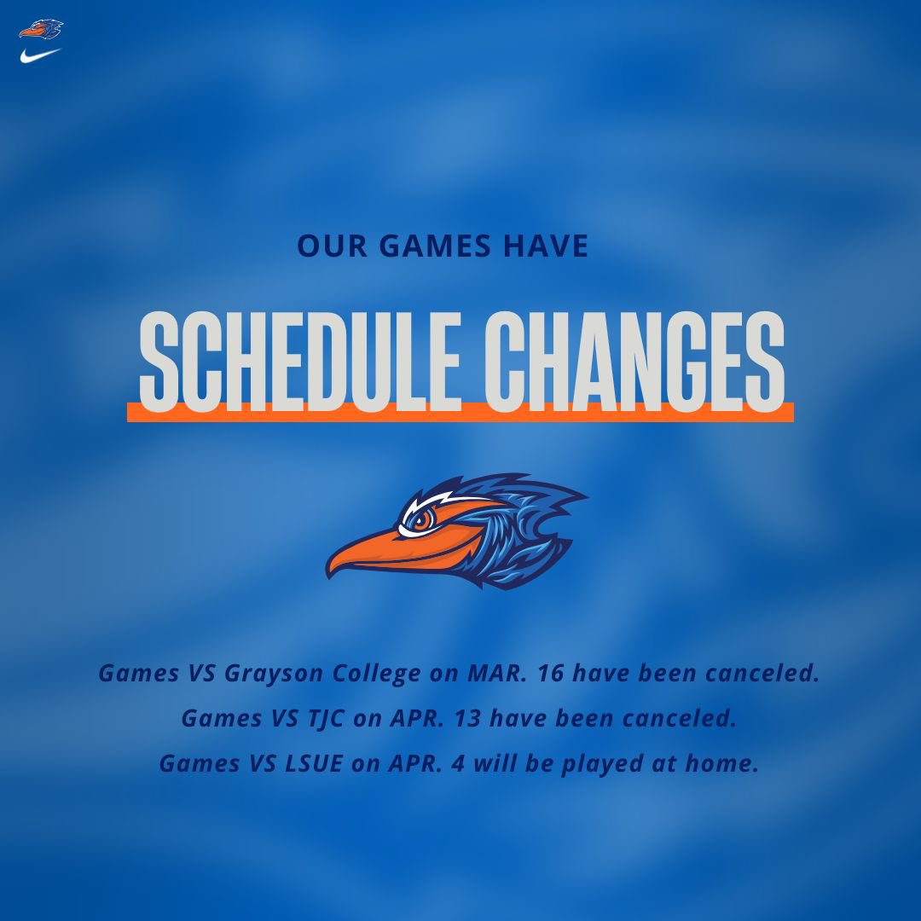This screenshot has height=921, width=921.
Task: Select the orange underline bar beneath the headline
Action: click(460, 412)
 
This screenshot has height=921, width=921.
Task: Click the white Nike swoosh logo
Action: click(40, 55)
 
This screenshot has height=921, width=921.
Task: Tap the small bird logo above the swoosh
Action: click(41, 29)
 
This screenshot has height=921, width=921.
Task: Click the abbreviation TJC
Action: click(311, 718)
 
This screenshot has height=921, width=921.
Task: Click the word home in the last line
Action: click(721, 763)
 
